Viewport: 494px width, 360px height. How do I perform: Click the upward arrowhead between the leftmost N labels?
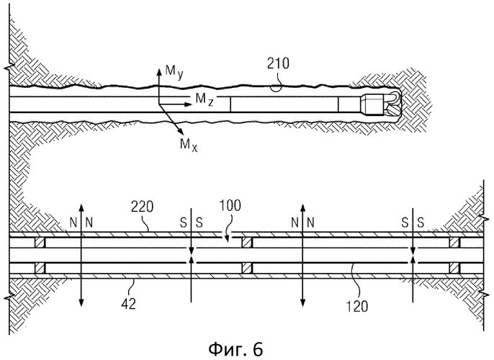click(82, 205)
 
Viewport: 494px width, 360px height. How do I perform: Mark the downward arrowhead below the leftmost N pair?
click(82, 302)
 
